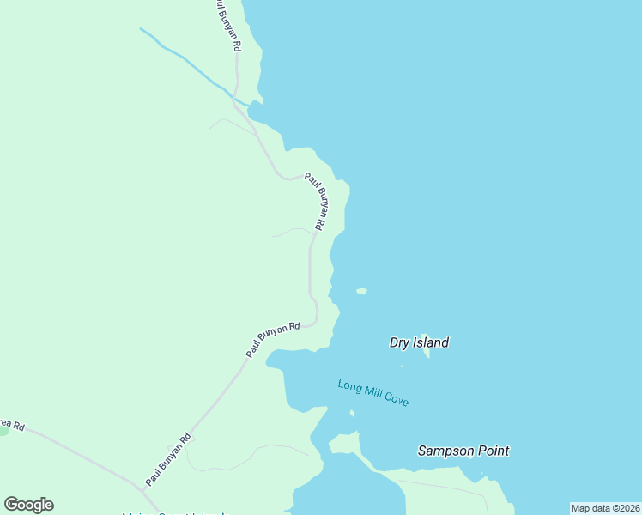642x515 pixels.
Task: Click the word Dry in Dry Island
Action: coord(399,342)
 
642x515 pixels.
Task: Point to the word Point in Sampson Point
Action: coord(494,451)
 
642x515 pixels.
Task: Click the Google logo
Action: coord(28,504)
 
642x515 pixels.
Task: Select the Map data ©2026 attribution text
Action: coord(605,508)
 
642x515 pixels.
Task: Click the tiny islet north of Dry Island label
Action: coord(361,291)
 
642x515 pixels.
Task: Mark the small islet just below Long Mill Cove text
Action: coord(352,414)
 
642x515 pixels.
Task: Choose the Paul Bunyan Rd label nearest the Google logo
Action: coord(167,460)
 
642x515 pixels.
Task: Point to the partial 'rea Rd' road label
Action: coord(12,424)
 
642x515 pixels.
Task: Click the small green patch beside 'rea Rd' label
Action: coord(3,430)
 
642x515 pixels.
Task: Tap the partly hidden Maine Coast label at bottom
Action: coord(176,513)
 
